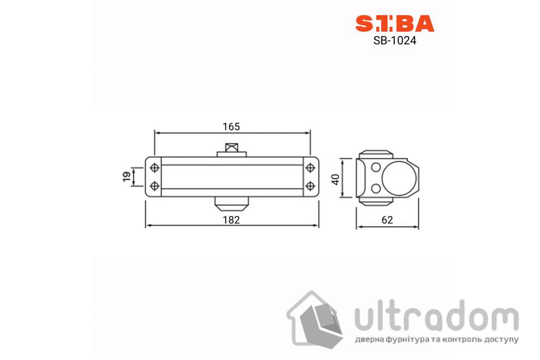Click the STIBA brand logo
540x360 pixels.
coord(395,23)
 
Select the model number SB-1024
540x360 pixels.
coord(395,40)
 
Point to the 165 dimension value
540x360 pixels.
coord(231,127)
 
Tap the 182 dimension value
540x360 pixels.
coord(231,219)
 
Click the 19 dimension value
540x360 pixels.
coord(127,177)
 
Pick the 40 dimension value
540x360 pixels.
coord(337,178)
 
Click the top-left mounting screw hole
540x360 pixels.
coord(154,167)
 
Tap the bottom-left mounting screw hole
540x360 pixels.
coord(154,186)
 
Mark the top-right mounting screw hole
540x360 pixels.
coord(310,167)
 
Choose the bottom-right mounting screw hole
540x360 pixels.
coord(310,186)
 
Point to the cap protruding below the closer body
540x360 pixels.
coord(231,203)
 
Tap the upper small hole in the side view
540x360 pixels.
coord(375,167)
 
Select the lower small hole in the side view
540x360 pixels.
coord(375,189)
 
